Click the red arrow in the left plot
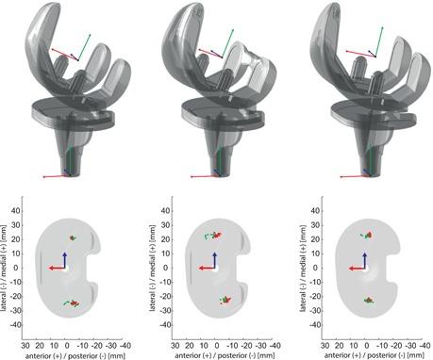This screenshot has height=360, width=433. pos(58,269)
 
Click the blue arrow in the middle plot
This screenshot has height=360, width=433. pos(214,259)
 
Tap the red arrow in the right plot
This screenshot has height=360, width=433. pos(357,269)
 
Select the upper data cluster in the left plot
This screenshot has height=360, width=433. pos(73,237)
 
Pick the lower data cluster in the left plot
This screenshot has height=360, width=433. pos(72,303)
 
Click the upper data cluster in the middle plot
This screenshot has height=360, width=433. pos(212,236)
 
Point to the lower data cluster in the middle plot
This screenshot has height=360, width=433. pos(225,300)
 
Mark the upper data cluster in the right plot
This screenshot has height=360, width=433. pos(367,235)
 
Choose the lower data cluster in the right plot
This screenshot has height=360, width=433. pos(369,301)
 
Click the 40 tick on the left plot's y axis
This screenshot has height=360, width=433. pos(16,211)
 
